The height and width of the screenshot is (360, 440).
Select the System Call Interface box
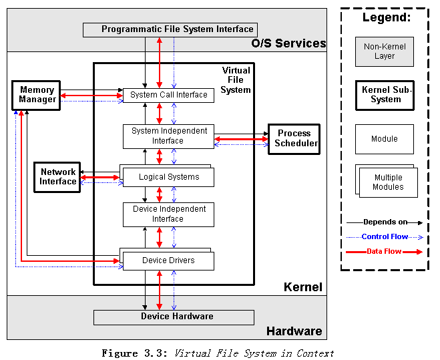(168, 95)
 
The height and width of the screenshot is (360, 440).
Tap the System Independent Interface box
(168, 136)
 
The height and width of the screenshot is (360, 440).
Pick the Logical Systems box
(168, 177)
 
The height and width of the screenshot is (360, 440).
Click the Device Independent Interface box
(168, 214)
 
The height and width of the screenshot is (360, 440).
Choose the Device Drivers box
(168, 260)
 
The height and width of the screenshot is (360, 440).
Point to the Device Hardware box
(174, 317)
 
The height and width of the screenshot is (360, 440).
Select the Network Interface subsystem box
(57, 177)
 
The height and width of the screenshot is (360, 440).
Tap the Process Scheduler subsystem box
(294, 139)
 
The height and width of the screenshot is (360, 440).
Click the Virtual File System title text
(235, 80)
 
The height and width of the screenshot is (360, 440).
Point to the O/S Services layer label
(288, 44)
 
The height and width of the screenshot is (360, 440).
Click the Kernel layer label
(302, 287)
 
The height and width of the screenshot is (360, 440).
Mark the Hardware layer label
(294, 331)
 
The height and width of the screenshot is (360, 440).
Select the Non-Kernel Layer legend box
(384, 51)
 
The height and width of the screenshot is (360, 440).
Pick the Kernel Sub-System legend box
(384, 95)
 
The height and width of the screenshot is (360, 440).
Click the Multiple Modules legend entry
(387, 182)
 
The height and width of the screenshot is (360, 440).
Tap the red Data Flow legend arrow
(385, 252)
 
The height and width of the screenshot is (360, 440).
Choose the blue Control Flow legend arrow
(385, 236)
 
